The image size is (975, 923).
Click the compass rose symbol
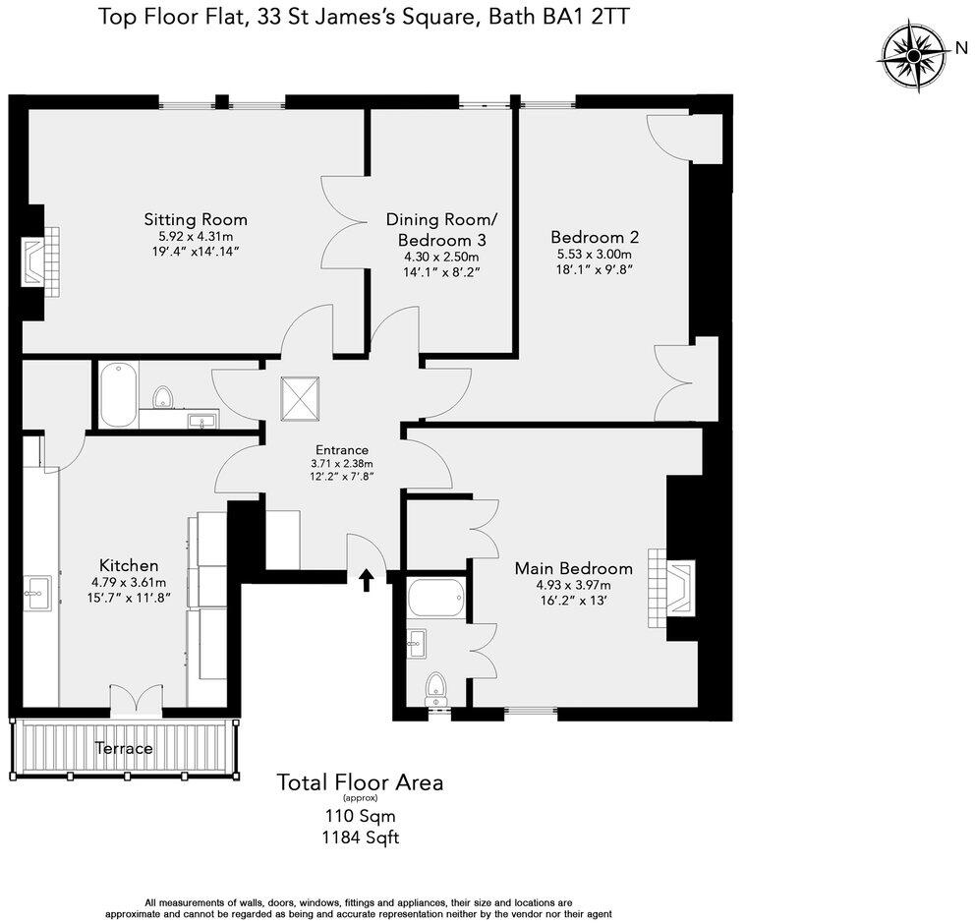pos(913,56)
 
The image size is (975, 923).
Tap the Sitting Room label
pos(196,219)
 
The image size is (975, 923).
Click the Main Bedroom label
pos(574,568)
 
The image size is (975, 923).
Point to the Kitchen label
pos(129,565)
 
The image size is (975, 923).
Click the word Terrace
pos(124,748)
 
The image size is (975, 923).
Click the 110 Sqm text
pos(360,815)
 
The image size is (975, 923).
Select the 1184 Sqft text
pos(360,837)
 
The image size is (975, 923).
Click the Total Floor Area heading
pos(360,782)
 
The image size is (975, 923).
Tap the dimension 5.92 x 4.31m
pos(196,237)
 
